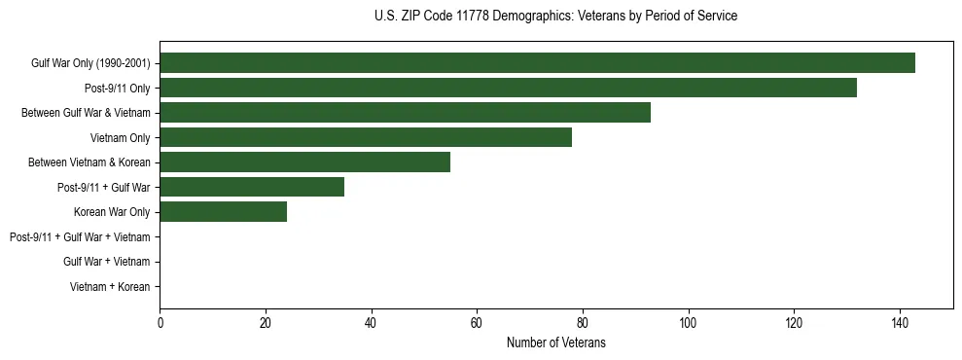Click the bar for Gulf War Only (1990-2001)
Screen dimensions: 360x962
(x=537, y=63)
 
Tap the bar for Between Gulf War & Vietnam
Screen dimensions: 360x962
(x=405, y=113)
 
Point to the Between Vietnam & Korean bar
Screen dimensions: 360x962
(x=304, y=162)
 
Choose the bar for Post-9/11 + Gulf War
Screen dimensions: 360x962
(x=252, y=187)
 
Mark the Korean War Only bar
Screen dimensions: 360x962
(x=223, y=212)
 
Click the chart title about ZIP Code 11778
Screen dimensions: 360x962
(x=555, y=17)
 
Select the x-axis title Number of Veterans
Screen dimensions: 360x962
(x=555, y=342)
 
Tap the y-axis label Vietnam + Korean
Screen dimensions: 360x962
(x=110, y=287)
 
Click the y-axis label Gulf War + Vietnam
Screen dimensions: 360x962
(x=106, y=262)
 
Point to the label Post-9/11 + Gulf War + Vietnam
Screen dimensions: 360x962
(x=80, y=236)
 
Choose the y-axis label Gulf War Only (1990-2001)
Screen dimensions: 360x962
(x=90, y=63)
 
